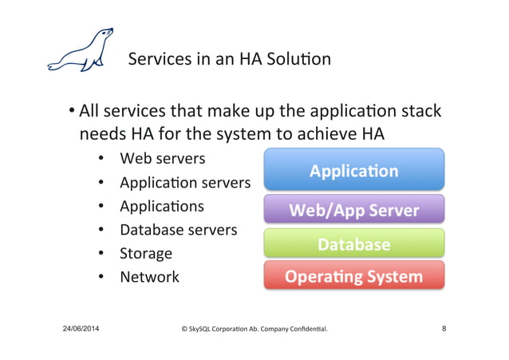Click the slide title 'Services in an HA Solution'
coord(229,59)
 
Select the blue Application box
coord(353,170)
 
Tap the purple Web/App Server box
coord(353,210)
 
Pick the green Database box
coord(353,243)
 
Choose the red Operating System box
coord(353,276)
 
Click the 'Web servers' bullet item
coord(162,158)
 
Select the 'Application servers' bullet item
coord(184,182)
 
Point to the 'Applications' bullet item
coord(162,206)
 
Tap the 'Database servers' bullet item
coord(178,230)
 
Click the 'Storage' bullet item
coord(146,254)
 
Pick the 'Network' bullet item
coord(149,277)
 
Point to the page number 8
coord(444,328)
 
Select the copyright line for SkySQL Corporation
coord(254,329)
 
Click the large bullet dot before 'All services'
coord(71,111)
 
